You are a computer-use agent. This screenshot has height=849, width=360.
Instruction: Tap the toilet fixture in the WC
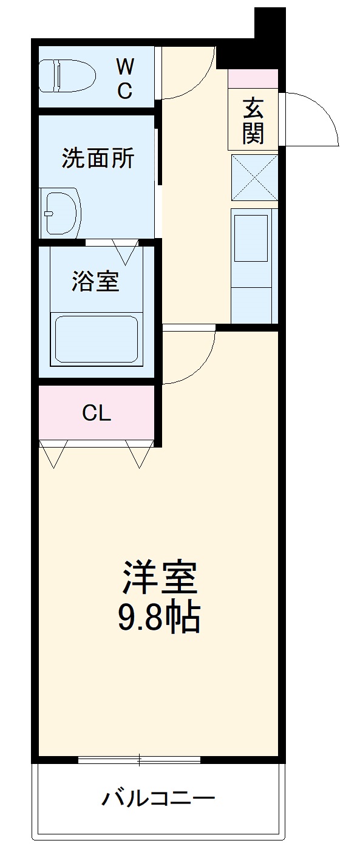point(67,75)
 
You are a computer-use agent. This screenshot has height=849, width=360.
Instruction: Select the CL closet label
point(97,414)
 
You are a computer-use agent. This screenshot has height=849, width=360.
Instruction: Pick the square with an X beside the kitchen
point(254,177)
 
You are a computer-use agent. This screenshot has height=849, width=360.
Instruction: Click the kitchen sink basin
point(251,237)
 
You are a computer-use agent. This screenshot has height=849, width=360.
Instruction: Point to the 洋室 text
point(161,578)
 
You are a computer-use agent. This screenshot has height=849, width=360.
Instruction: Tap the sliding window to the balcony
point(140,759)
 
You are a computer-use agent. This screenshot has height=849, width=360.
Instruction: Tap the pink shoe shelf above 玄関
point(253,79)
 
